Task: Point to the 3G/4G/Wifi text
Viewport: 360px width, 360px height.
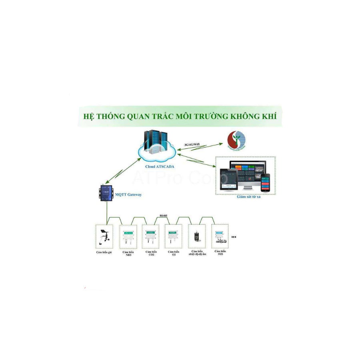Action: click(x=192, y=144)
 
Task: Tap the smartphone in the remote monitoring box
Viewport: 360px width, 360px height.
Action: click(x=265, y=182)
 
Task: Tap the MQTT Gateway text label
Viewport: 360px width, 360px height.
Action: click(x=128, y=195)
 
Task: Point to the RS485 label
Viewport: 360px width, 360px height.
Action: click(x=163, y=216)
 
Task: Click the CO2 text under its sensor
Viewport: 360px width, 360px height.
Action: click(x=151, y=254)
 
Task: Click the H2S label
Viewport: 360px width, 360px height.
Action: click(x=220, y=254)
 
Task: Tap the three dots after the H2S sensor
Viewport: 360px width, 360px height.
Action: click(x=234, y=237)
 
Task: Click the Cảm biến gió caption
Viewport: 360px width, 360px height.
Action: click(x=104, y=253)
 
